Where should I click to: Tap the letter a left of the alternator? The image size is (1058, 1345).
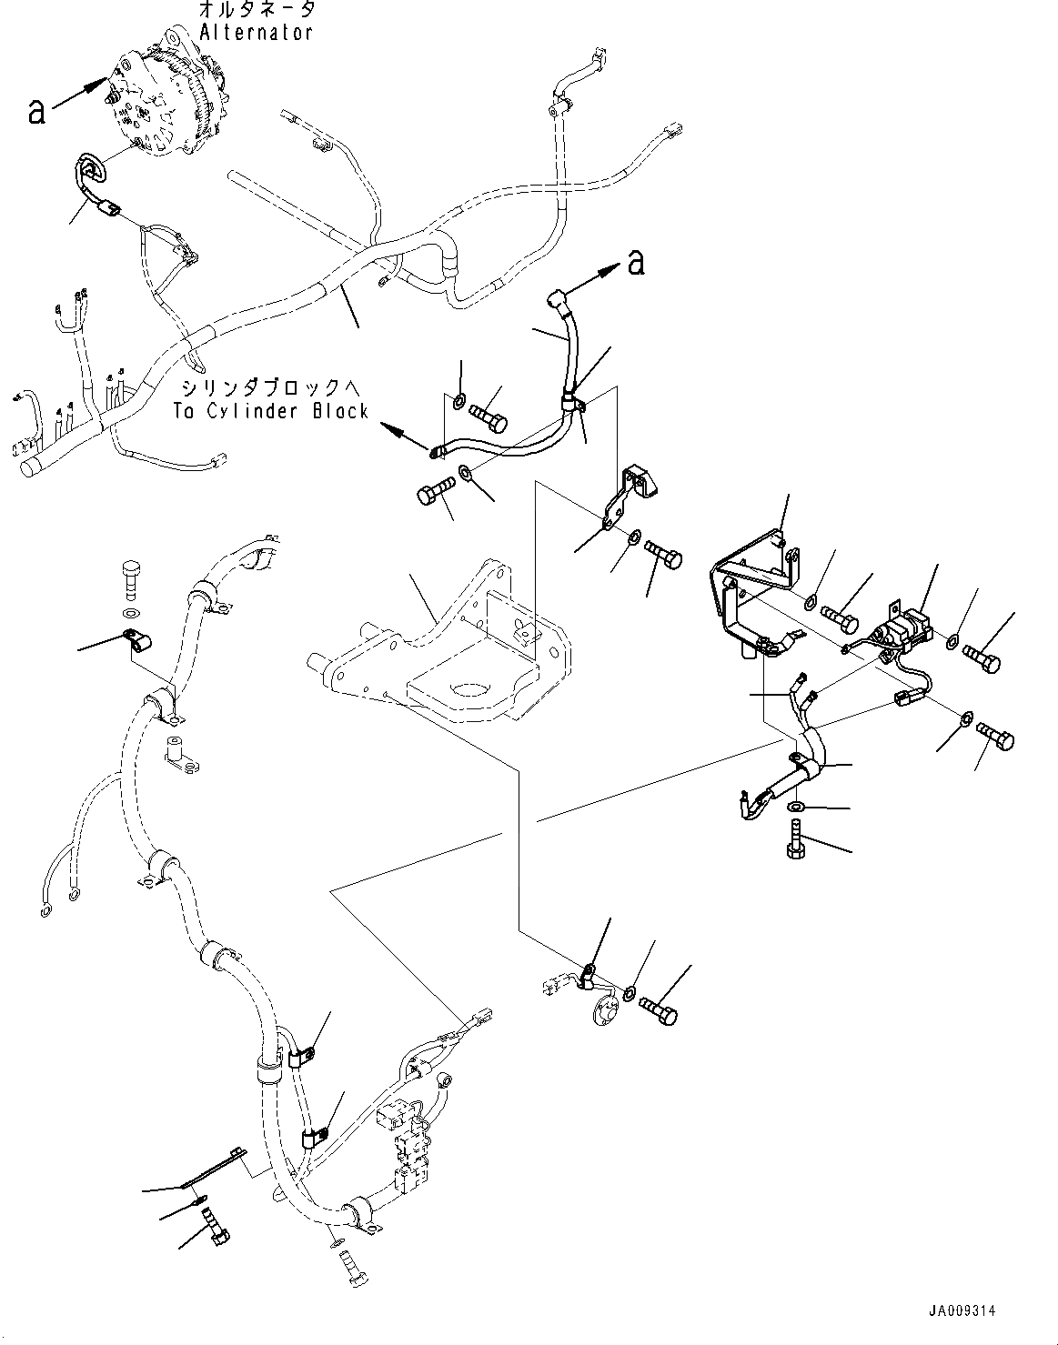[x=35, y=110]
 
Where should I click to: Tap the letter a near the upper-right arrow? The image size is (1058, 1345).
[x=636, y=263]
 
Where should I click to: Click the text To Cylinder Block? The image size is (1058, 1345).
[x=272, y=411]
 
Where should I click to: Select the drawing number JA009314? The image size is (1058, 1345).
[x=962, y=1310]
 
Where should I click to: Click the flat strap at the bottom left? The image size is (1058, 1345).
[x=215, y=1169]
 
